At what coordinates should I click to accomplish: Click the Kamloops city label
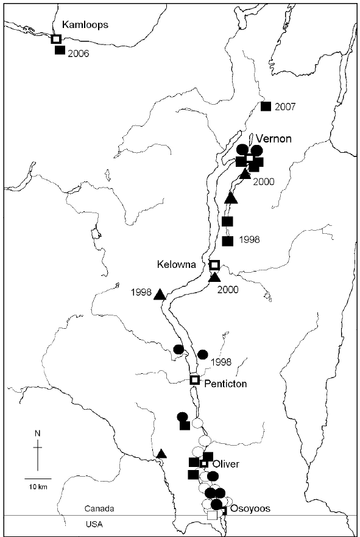tap(85, 25)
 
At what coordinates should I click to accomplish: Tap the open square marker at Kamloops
tap(56, 39)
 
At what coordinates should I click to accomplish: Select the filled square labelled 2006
tap(60, 51)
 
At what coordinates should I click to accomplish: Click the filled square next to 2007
tap(266, 107)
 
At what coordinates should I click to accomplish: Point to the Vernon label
tap(274, 138)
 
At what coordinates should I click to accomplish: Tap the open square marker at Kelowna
tap(214, 265)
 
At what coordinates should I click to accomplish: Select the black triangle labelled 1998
tap(160, 295)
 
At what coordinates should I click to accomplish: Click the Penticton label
tap(224, 385)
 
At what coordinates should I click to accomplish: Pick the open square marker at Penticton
tap(195, 380)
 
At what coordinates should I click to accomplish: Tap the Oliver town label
tap(225, 464)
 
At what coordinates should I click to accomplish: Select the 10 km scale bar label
tap(38, 486)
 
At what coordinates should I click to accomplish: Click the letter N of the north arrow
tap(38, 433)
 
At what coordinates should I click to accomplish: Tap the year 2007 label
tap(285, 107)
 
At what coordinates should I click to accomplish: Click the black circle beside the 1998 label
tap(203, 354)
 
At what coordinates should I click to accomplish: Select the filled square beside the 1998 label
tap(228, 241)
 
